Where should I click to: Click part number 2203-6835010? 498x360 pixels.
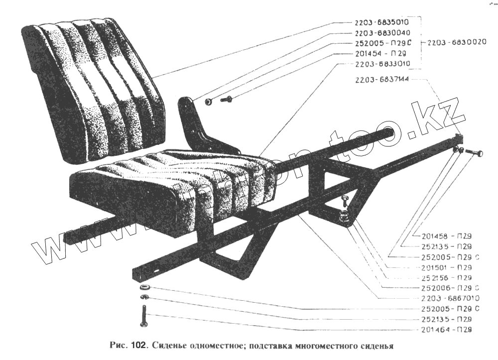(382, 22)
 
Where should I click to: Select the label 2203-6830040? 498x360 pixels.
(382, 33)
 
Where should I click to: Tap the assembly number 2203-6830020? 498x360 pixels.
(458, 42)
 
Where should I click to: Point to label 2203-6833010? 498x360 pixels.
(382, 64)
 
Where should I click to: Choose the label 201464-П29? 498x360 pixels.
(446, 330)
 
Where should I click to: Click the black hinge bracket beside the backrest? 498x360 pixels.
(197, 124)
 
